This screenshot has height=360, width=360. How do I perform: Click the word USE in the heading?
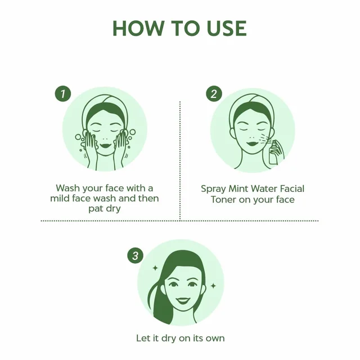click(227, 28)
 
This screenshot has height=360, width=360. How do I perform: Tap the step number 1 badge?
click(63, 94)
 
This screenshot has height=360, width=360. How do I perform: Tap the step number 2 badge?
click(214, 94)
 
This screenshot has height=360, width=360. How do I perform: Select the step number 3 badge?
click(135, 255)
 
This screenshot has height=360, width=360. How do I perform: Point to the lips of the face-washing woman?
click(105, 146)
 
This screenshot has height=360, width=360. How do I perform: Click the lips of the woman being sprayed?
click(253, 143)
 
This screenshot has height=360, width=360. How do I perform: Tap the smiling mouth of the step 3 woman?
click(183, 300)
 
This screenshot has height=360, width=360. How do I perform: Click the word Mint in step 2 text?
click(238, 189)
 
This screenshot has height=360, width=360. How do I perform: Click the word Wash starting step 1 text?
click(67, 188)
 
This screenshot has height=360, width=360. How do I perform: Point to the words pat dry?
click(105, 209)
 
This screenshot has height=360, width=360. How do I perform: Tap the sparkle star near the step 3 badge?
click(155, 268)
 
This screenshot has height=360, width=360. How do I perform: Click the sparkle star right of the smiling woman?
click(213, 286)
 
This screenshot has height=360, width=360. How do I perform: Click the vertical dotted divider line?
click(180, 161)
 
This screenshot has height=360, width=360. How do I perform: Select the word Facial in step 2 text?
click(291, 189)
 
